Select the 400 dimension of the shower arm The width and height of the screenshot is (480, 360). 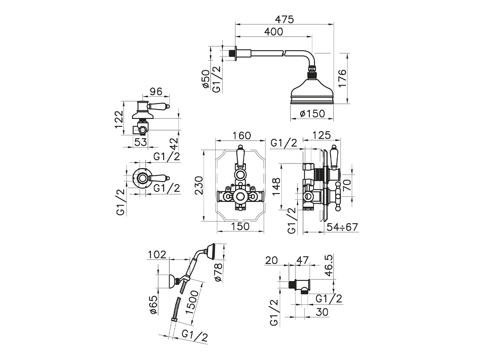[x=273, y=32]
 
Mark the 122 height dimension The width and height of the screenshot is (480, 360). [x=119, y=119]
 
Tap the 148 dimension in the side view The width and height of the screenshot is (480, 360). [x=276, y=186]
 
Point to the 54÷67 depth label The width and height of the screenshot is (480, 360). [x=342, y=227]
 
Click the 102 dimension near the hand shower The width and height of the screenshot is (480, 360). [x=157, y=255]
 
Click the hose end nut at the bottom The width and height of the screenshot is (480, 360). [x=174, y=319]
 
